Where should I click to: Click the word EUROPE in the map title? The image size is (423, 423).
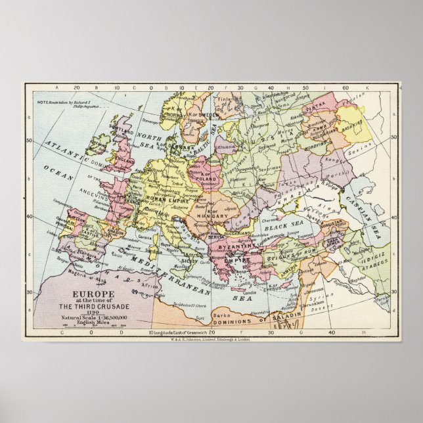(x=95, y=294)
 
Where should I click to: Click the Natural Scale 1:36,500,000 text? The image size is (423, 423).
(x=95, y=317)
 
